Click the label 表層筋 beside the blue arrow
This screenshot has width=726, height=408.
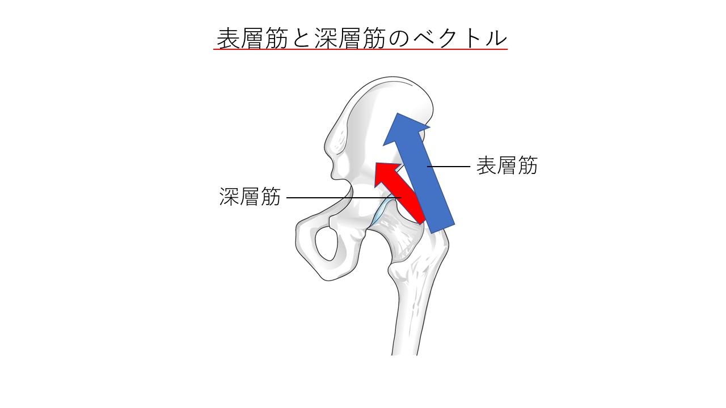click(507, 166)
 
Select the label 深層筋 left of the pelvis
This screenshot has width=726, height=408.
click(250, 197)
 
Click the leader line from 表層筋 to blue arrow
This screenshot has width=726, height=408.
click(449, 167)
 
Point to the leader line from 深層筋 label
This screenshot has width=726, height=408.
click(344, 198)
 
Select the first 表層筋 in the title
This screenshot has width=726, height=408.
click(252, 38)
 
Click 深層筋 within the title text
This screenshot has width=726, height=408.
click(350, 38)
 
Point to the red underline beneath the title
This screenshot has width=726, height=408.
click(360, 49)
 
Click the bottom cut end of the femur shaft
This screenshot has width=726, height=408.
click(404, 354)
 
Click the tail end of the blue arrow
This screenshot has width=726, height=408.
click(442, 228)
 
